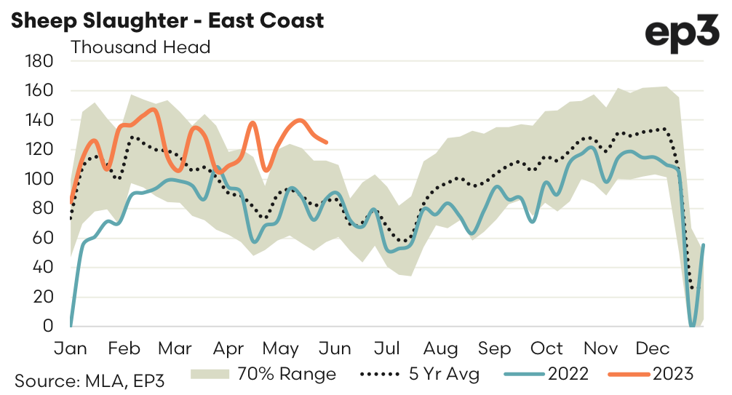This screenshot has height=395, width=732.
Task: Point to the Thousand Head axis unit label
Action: [140, 48]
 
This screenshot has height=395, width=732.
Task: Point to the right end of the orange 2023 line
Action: [327, 143]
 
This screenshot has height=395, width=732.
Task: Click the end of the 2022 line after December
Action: [704, 245]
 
